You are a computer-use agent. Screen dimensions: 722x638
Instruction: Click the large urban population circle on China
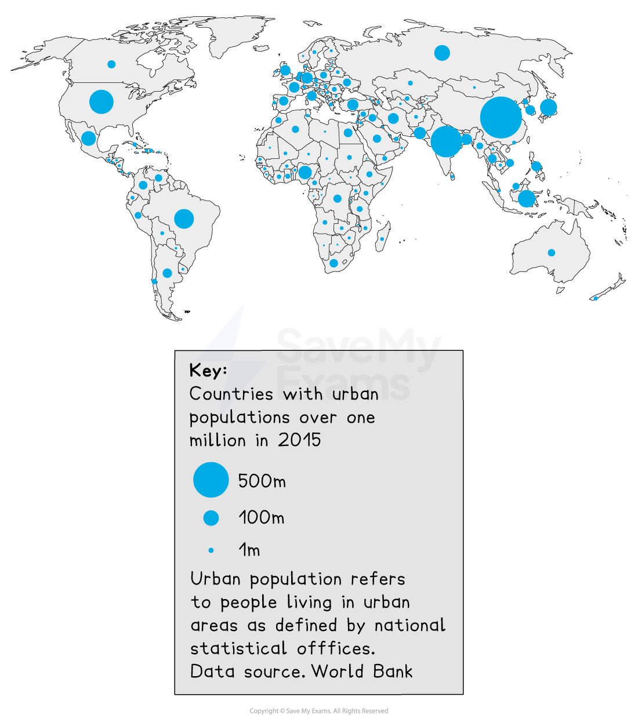[x=501, y=118]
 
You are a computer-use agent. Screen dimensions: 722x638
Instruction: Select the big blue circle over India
[x=446, y=141]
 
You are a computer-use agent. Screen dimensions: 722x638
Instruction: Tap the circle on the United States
[x=101, y=102]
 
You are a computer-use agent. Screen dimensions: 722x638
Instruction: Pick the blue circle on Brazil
[x=184, y=219]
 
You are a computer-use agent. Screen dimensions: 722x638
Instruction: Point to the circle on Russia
[x=442, y=53]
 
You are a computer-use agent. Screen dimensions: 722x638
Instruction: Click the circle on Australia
[x=552, y=253]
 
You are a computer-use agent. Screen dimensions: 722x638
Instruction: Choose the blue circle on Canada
[x=111, y=64]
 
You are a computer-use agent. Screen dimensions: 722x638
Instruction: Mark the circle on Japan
[x=548, y=107]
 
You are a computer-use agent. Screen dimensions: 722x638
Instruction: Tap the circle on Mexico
[x=88, y=139]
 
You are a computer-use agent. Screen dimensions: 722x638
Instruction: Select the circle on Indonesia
[x=526, y=198]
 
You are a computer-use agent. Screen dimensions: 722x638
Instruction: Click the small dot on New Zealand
[x=595, y=299]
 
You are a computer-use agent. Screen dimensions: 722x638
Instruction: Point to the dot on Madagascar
[x=382, y=239]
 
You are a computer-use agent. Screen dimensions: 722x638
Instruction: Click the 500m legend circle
[x=211, y=480]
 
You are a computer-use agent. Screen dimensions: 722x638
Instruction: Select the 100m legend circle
[x=211, y=518]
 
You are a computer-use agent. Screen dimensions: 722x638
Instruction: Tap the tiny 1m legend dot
[x=211, y=550]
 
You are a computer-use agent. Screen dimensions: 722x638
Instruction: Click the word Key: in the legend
[x=208, y=371]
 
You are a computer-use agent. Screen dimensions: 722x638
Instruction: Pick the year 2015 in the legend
[x=299, y=440]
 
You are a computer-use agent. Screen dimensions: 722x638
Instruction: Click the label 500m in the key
[x=262, y=481]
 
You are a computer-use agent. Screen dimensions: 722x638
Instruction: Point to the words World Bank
[x=362, y=672]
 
